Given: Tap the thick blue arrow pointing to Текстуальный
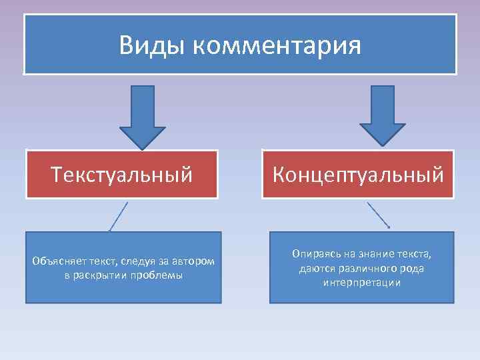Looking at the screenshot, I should (142, 116).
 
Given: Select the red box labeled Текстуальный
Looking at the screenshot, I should (122, 175).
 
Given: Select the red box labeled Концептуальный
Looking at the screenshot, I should (358, 175).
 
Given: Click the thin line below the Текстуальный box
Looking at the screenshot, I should (119, 216).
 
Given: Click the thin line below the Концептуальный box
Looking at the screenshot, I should (378, 215).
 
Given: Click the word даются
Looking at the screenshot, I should (315, 268).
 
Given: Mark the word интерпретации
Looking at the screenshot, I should (361, 282).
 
